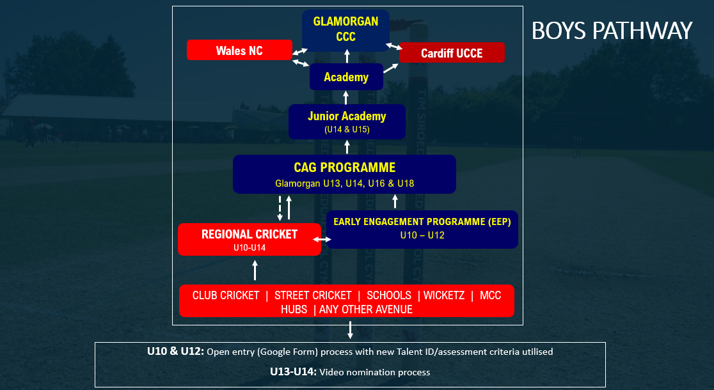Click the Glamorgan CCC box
coord(345,29)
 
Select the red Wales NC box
coord(239,50)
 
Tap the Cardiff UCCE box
coord(452,53)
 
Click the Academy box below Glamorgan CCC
coord(346,77)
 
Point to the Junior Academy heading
coord(347,116)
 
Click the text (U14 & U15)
coord(347,129)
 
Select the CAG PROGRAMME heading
coord(344,168)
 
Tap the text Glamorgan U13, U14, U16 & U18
coord(344,183)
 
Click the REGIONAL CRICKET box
coord(250,239)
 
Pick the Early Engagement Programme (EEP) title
coord(422,222)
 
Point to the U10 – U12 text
coord(422,235)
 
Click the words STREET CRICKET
coord(313,295)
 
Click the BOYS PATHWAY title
coord(612,31)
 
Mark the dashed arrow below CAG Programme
coord(280,208)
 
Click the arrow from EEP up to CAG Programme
coord(395,201)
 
